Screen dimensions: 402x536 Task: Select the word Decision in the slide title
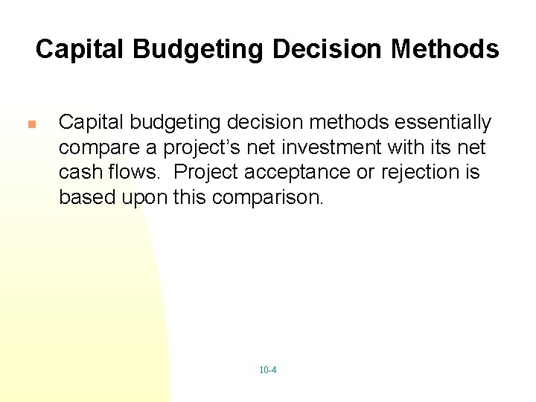(x=331, y=49)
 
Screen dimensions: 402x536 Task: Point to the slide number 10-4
(x=268, y=370)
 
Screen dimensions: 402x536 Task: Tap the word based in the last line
(x=84, y=197)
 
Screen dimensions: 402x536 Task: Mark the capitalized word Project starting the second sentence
(x=206, y=172)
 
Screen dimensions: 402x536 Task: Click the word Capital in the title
(x=80, y=49)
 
